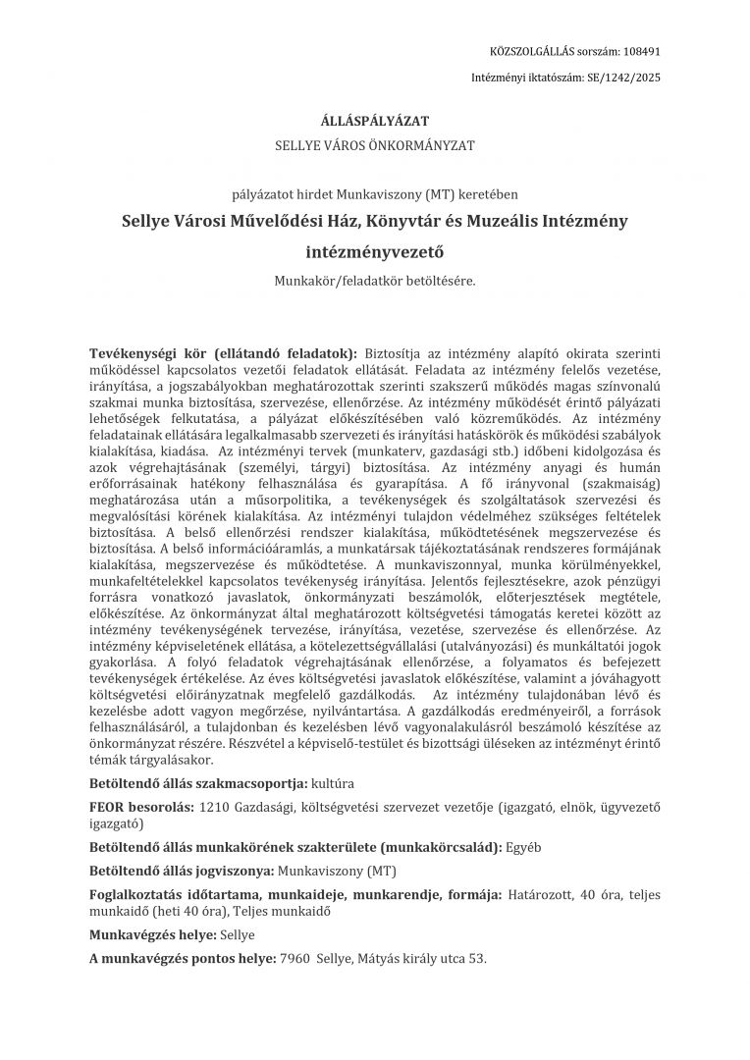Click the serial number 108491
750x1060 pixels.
[640, 50]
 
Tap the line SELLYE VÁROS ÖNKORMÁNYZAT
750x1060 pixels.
[374, 145]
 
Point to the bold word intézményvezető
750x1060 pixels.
[374, 251]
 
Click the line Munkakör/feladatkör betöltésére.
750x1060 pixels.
[374, 281]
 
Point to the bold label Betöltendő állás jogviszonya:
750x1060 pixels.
[183, 870]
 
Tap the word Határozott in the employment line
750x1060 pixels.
[541, 894]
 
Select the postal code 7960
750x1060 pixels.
[295, 958]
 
